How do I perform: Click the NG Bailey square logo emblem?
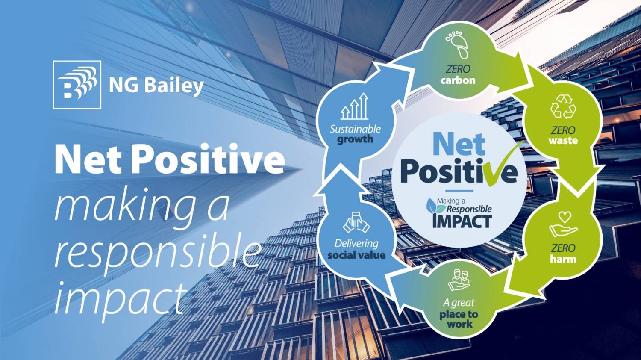click(77, 85)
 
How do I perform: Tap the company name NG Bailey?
click(156, 86)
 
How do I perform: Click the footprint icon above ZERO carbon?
click(457, 44)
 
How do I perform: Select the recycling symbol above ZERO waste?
click(563, 106)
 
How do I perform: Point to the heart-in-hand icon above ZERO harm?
click(563, 224)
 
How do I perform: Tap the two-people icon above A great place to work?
click(459, 280)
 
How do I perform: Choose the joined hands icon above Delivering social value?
click(356, 222)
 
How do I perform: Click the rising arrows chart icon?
click(355, 106)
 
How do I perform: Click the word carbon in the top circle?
click(458, 80)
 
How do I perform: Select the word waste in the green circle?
click(563, 141)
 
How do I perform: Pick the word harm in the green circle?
click(563, 259)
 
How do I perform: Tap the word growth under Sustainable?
click(355, 139)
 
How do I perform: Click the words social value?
click(356, 255)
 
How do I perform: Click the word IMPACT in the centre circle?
click(462, 221)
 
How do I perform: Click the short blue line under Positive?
click(459, 191)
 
